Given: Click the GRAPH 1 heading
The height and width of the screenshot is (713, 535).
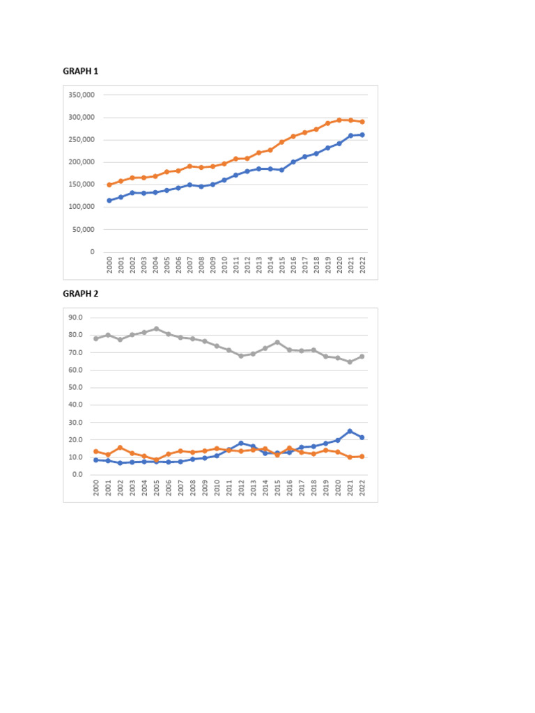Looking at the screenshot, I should point(80,70).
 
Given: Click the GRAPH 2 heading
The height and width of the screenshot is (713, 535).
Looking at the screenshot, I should point(80,294).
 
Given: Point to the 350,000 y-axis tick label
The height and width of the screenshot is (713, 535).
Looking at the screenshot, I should point(82,95).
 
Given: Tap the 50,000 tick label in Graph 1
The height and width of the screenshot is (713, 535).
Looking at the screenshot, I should point(84,230).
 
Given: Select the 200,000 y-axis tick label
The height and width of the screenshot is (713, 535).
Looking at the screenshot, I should point(82,162).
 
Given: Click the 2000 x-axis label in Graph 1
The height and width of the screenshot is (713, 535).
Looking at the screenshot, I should point(109,265).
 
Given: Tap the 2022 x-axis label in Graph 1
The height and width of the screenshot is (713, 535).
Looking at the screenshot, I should point(362,265).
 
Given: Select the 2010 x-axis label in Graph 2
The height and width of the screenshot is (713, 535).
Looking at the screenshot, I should point(217,488).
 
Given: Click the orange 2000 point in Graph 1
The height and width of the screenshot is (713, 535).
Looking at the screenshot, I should point(109,185).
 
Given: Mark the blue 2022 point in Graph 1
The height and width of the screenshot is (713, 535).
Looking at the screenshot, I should point(362,135).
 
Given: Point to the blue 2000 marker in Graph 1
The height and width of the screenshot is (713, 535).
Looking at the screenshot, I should point(109,201).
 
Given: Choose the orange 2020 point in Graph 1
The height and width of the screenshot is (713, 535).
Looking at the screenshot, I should point(339,120).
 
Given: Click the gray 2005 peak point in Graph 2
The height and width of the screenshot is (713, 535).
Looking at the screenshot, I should point(156,329).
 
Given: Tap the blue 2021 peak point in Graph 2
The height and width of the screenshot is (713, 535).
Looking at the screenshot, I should point(350,431).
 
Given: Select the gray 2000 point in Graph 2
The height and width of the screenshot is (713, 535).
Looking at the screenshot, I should point(96,338).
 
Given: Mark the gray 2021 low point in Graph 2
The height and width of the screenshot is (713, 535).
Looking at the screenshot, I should point(350,362).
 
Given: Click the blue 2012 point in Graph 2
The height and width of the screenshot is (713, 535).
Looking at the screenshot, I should point(241,443).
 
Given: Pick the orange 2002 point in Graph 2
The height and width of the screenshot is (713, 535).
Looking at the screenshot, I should point(120,448).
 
